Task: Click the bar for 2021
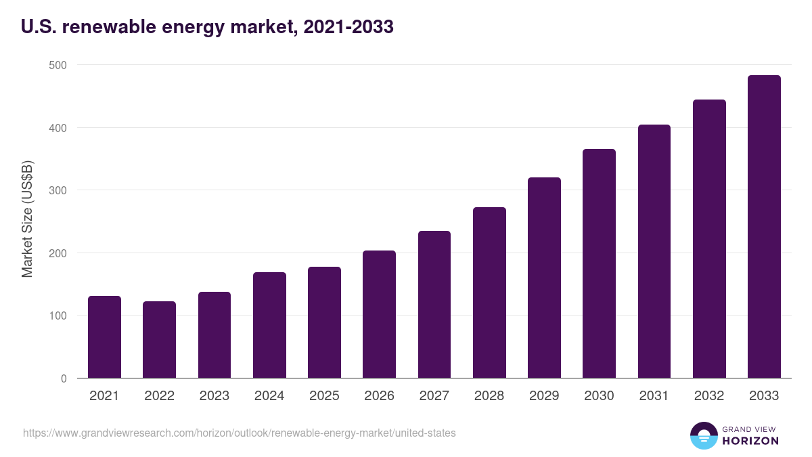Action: coord(104,337)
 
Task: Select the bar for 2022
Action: coord(159,340)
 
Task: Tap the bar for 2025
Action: coord(324,322)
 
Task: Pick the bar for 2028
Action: coord(489,292)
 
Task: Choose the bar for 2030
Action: coord(599,263)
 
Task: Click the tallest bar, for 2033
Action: coord(764,227)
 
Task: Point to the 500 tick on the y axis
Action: coord(58,65)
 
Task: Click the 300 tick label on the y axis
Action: coord(58,190)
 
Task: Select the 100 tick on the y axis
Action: coord(58,315)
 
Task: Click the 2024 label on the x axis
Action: coord(269,396)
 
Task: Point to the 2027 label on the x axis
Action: coord(434,396)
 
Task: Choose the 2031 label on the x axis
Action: coord(654,396)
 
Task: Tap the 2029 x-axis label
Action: coord(544,396)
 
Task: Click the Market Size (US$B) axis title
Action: coord(27,219)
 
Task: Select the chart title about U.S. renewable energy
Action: coord(207,27)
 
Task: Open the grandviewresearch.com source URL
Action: coord(240,433)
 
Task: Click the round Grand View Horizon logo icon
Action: coord(703,435)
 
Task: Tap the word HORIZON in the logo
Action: coord(750,441)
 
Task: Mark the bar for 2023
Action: coord(215,335)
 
